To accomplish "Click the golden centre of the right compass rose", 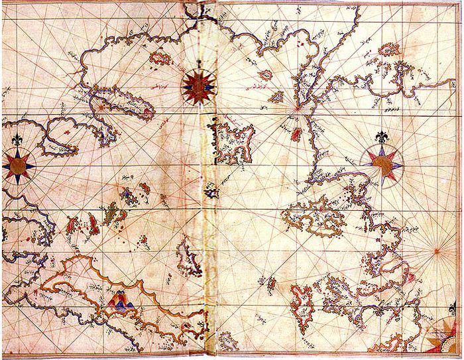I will [x=382, y=162].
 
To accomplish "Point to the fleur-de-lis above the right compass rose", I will [x=383, y=138].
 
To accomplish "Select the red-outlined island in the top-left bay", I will [x=160, y=58].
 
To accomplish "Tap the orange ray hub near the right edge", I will [x=438, y=251].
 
